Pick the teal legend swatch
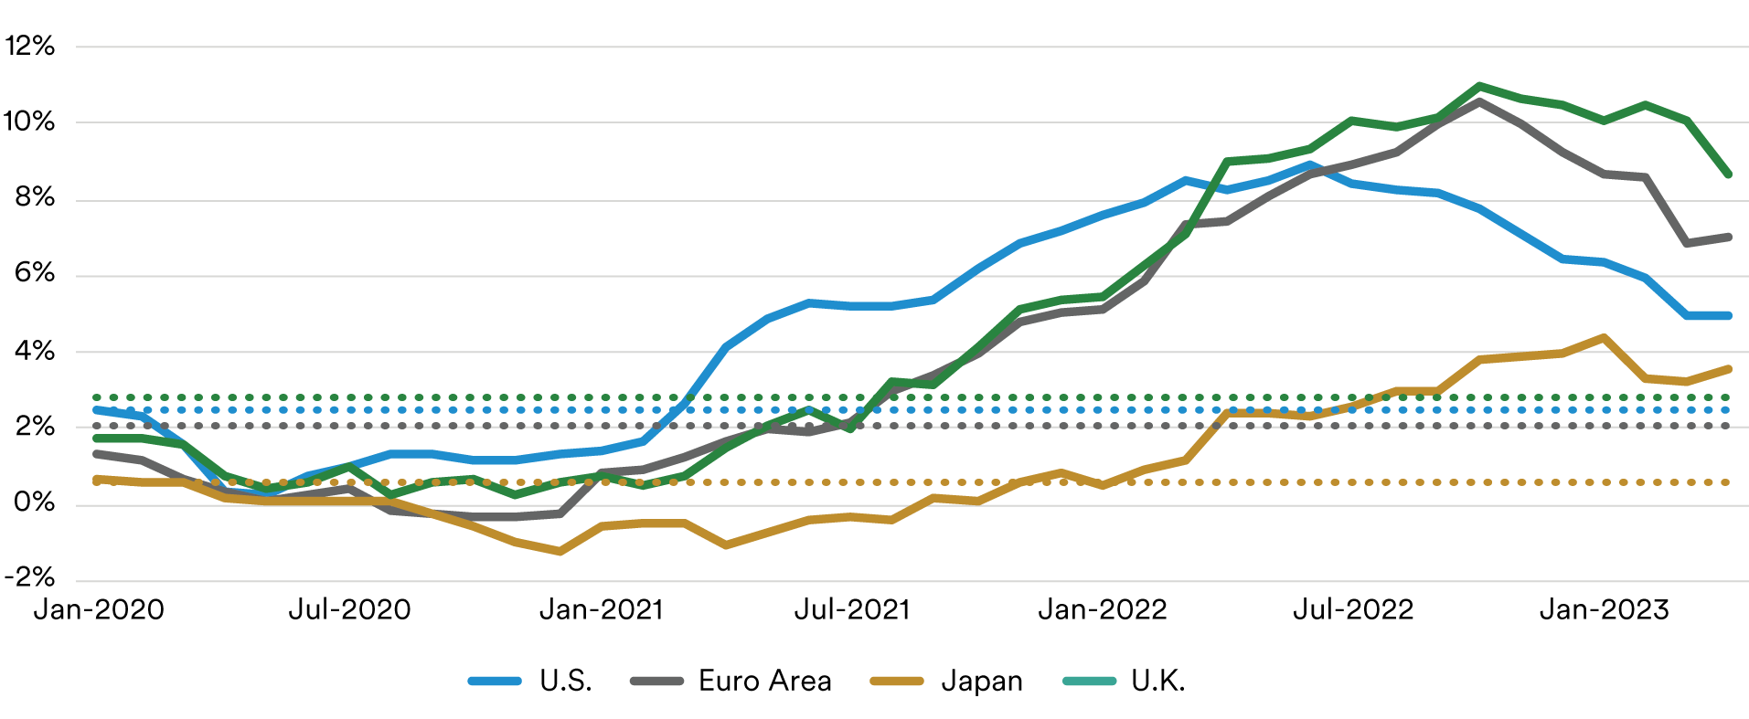click(x=1082, y=671)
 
